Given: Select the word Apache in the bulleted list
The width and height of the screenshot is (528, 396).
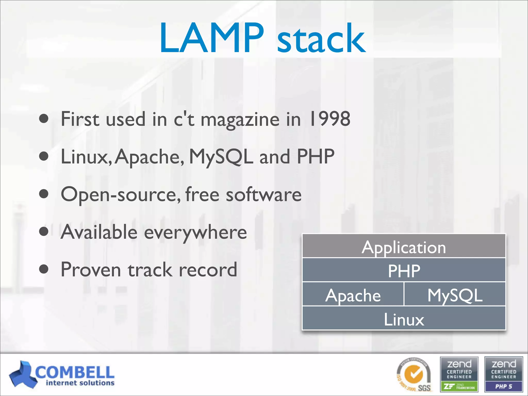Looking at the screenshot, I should [149, 157].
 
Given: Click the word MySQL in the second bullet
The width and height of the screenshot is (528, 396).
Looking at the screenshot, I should [221, 157].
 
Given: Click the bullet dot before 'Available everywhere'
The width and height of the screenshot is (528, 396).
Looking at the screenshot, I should [44, 231].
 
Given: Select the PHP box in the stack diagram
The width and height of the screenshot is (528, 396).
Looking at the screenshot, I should [404, 270].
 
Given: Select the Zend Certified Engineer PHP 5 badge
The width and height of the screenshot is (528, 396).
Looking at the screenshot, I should [503, 374].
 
